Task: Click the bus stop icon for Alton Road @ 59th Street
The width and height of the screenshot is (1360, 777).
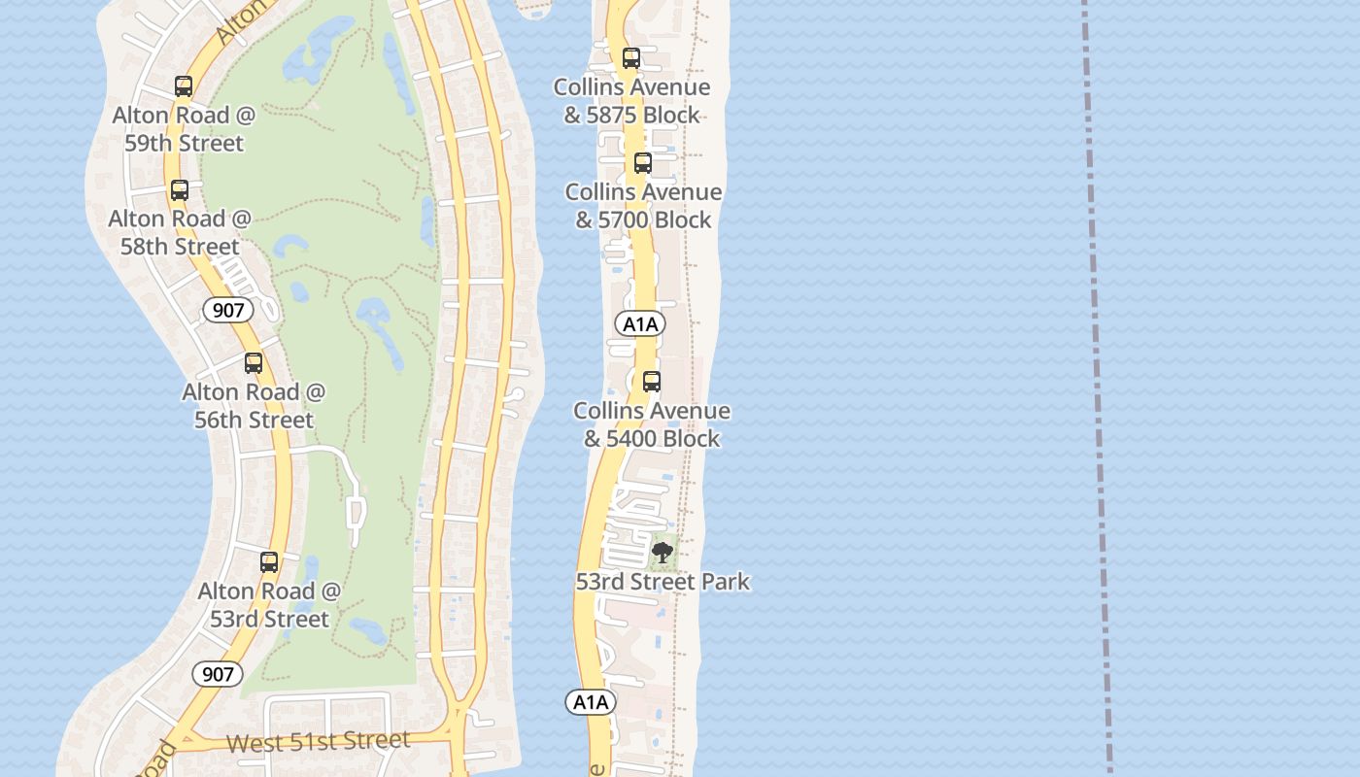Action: (x=184, y=86)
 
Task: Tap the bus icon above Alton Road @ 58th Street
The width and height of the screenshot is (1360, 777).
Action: (x=180, y=190)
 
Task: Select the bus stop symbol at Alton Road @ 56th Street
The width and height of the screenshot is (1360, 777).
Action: (x=254, y=363)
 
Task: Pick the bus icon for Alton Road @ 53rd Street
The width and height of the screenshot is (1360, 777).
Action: (x=269, y=562)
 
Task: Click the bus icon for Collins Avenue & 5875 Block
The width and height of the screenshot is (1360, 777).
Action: (x=631, y=58)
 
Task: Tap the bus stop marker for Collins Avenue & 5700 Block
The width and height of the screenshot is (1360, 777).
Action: (x=642, y=163)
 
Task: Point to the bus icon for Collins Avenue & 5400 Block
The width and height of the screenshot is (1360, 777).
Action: (x=652, y=382)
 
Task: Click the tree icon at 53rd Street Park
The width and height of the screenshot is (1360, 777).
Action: (x=663, y=554)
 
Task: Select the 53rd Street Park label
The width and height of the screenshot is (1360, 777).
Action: (x=663, y=582)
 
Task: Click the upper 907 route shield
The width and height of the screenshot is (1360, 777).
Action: (x=228, y=311)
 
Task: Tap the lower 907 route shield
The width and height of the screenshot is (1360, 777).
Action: (x=217, y=674)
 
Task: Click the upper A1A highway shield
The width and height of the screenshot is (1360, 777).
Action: (x=640, y=323)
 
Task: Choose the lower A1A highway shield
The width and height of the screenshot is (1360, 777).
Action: (x=591, y=702)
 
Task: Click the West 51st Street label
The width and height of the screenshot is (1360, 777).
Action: (x=318, y=743)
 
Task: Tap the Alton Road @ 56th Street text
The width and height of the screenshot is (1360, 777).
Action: (x=254, y=406)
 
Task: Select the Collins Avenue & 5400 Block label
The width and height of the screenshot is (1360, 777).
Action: (x=652, y=424)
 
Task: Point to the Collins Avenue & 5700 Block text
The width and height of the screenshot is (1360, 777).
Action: (x=643, y=206)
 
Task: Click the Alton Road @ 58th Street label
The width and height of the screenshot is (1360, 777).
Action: (x=180, y=232)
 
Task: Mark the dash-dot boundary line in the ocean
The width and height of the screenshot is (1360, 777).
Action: (x=1097, y=388)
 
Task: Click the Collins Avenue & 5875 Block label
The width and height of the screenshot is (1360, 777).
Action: (x=631, y=101)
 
